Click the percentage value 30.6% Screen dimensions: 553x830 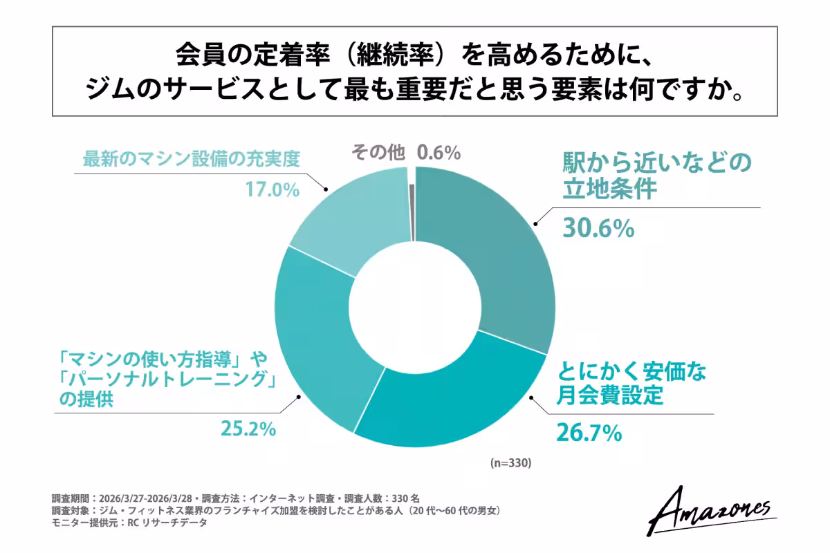pos(598,228)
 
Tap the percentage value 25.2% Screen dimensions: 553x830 pos(248,429)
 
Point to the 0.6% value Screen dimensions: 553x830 pos(439,153)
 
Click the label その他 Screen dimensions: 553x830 pos(378,153)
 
